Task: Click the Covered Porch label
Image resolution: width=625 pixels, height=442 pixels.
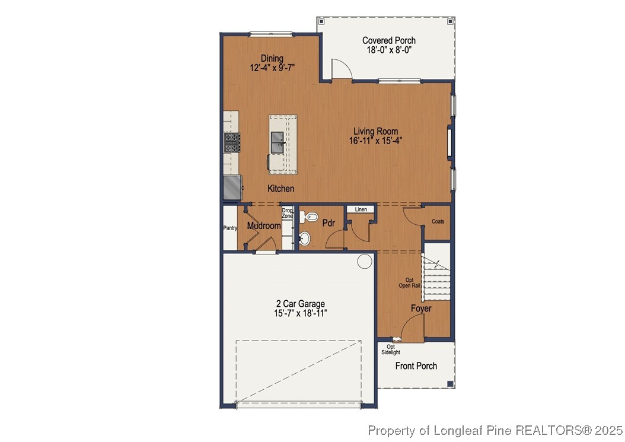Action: click(x=388, y=40)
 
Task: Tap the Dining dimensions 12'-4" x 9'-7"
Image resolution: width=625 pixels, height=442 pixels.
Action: click(x=272, y=68)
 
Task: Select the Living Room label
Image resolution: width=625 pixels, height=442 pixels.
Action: click(x=375, y=131)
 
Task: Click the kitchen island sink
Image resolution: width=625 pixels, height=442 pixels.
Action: click(x=278, y=142)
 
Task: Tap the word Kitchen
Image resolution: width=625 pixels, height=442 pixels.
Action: click(x=280, y=189)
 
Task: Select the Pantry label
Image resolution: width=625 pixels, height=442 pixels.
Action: click(x=230, y=228)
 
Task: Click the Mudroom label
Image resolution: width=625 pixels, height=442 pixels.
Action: click(x=263, y=226)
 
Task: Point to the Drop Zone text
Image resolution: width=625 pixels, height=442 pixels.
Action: click(x=287, y=212)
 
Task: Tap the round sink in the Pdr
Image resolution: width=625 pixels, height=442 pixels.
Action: click(x=304, y=239)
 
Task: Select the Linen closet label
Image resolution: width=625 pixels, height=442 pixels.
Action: click(x=361, y=209)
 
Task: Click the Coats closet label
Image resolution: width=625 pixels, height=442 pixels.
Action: click(x=438, y=221)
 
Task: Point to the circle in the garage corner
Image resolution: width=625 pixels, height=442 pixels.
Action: click(x=364, y=260)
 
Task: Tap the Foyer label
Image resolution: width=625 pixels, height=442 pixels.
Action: click(x=421, y=309)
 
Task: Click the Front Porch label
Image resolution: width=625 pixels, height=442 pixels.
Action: click(x=416, y=366)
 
